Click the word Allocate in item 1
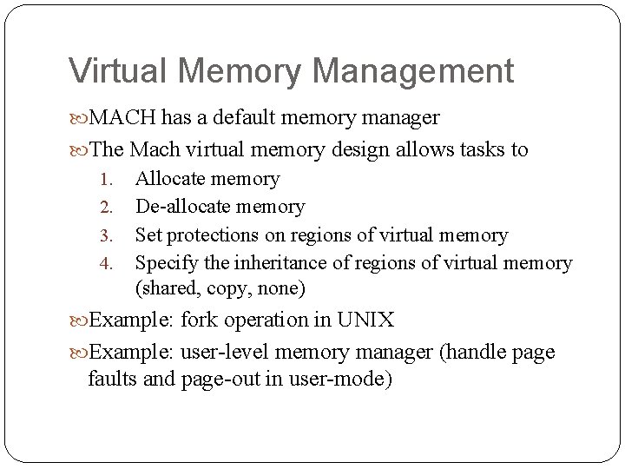coord(170,180)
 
